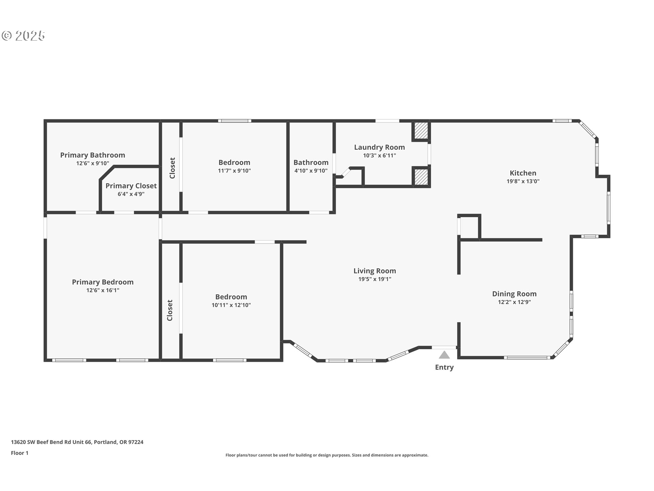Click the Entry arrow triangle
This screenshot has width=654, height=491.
(444, 355)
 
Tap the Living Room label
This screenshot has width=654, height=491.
(375, 271)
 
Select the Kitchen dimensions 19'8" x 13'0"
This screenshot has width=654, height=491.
(523, 181)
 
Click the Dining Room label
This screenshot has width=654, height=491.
(514, 294)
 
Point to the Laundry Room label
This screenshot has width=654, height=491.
(379, 147)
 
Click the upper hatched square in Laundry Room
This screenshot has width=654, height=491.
(421, 131)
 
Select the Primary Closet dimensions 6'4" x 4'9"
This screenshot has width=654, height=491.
(131, 194)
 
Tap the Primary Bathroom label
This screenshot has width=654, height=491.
(93, 155)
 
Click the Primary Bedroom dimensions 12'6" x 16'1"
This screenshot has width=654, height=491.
(103, 291)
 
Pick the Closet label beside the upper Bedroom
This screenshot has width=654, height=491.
(172, 168)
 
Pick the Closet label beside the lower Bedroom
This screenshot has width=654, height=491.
(170, 310)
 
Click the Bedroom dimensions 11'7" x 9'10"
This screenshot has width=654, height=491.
(234, 171)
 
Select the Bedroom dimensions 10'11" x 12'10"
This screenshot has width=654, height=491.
(231, 305)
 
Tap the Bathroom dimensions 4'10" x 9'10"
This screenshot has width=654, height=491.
(311, 171)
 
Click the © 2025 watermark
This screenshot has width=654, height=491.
(23, 36)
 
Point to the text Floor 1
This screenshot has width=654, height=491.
(19, 453)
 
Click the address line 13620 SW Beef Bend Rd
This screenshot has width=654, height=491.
(77, 442)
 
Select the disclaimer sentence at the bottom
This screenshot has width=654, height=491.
(327, 455)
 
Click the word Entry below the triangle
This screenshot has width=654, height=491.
(444, 368)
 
